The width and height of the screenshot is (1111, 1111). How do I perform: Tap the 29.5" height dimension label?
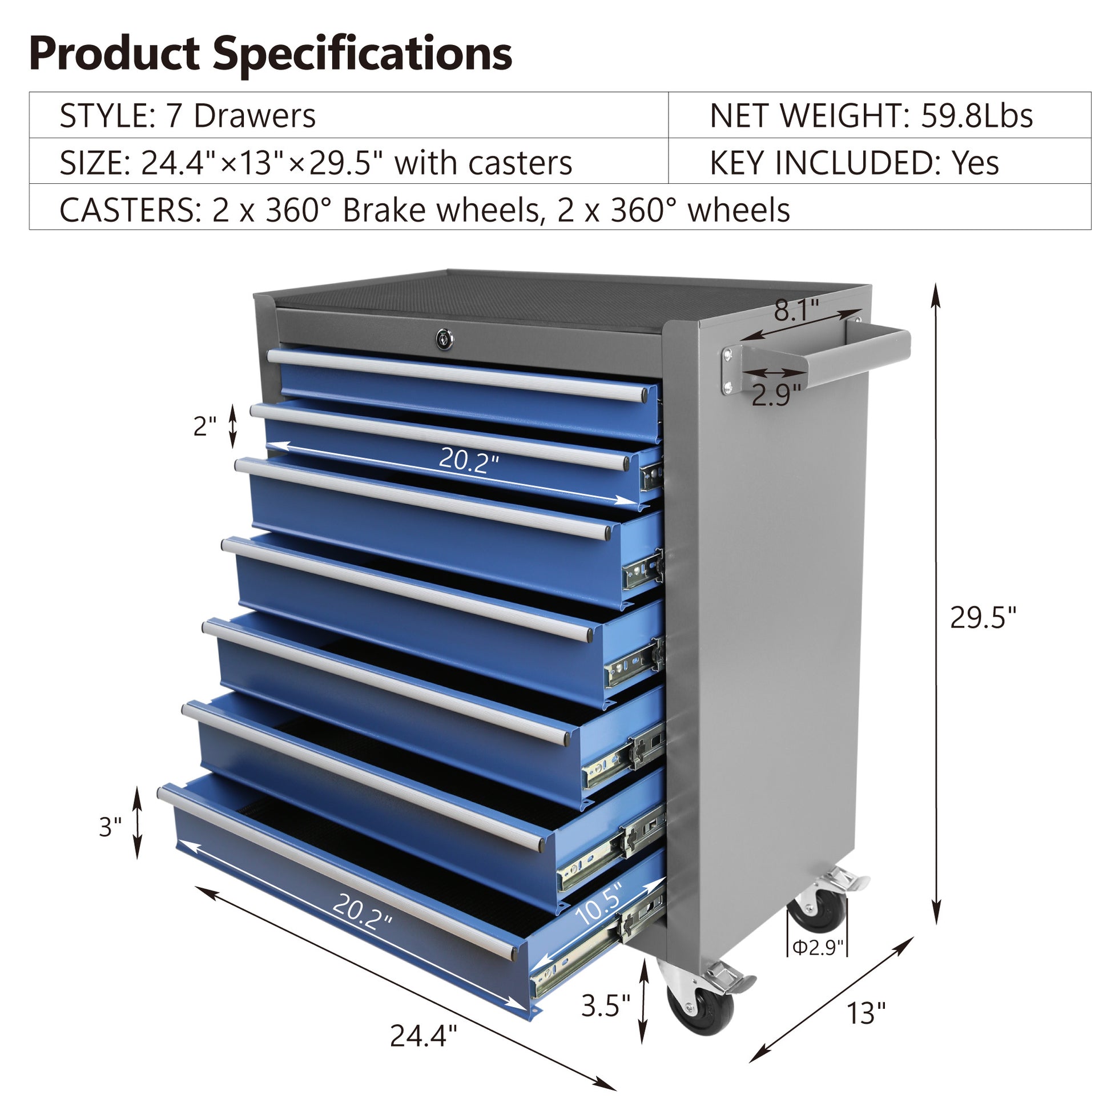pos(983,618)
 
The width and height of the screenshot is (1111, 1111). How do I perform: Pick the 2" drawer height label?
pos(204,426)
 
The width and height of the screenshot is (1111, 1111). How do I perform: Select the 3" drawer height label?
pos(110,827)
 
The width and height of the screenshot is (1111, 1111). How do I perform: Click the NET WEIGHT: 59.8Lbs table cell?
pos(871,115)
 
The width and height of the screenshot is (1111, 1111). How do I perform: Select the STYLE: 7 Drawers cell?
pos(187,115)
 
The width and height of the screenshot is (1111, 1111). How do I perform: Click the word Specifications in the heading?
pos(363,54)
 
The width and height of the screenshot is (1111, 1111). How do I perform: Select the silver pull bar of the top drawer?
pos(457,375)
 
